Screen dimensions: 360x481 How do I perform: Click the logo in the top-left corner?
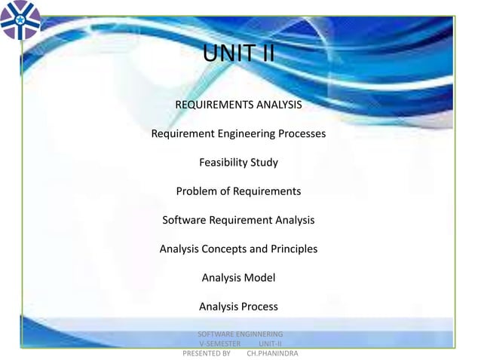[x=21, y=20]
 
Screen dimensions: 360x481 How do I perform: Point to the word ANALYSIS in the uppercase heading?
[x=277, y=105]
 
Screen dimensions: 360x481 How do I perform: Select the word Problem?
[x=197, y=191]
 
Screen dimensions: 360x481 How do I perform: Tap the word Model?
[x=260, y=278]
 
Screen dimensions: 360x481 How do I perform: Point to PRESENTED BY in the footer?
[x=207, y=352]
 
